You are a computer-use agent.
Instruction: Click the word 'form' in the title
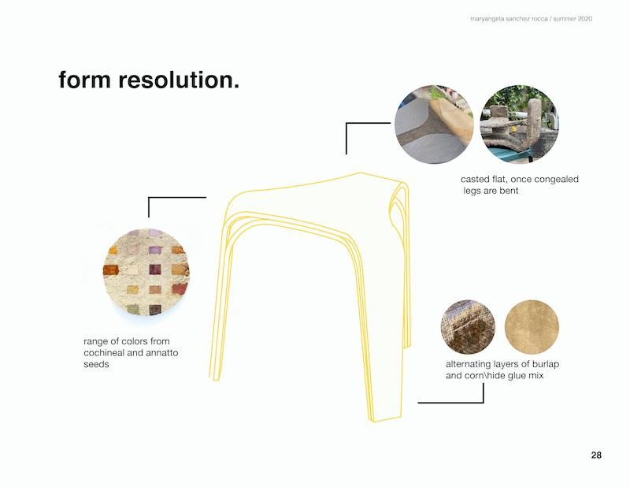coord(84,80)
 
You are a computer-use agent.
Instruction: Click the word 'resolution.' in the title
coord(179,80)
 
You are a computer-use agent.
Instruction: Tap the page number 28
coord(596,455)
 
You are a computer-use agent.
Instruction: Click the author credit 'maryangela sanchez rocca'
coord(509,19)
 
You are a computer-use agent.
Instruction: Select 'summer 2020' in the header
coord(573,19)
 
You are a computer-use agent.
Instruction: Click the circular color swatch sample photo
coord(146,272)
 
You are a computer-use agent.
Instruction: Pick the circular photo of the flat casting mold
coord(434,124)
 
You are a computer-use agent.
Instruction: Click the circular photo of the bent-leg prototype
coord(519,124)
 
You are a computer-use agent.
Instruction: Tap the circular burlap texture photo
coord(468,327)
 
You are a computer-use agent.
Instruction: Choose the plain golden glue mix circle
coord(532,327)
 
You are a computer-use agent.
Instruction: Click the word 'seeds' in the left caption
coord(96,364)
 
